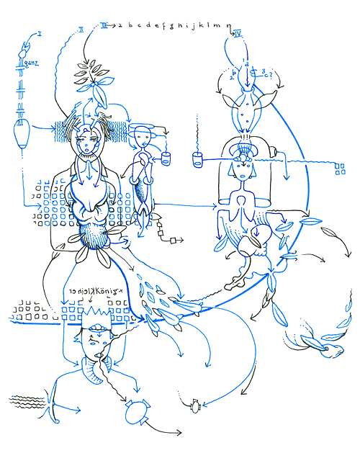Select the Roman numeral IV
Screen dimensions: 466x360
239,33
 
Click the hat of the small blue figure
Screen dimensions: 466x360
143,129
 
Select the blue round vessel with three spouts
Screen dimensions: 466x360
135,411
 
